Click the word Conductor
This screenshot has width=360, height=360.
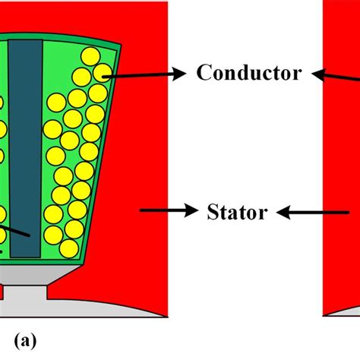tap(249, 73)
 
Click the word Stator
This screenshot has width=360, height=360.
tap(237, 212)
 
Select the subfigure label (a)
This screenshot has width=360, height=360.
tap(25, 342)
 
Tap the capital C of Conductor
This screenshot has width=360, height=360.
tap(204, 73)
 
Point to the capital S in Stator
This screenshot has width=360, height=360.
tap(213, 212)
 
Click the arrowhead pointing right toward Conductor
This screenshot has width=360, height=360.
tap(179, 73)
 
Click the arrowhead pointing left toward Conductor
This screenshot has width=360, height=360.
tap(318, 74)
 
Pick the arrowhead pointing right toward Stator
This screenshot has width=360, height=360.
tap(191, 210)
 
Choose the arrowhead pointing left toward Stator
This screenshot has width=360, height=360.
tap(283, 213)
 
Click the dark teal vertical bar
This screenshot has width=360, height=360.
tap(25, 149)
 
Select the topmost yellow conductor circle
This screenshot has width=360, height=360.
tap(90, 57)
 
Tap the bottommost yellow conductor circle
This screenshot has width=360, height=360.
tap(69, 249)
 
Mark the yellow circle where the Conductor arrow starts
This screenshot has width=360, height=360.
tap(103, 73)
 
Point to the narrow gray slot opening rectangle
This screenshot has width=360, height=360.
tap(25, 293)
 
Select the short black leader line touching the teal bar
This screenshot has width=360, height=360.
tap(14, 231)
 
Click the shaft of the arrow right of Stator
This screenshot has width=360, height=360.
tap(320, 213)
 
